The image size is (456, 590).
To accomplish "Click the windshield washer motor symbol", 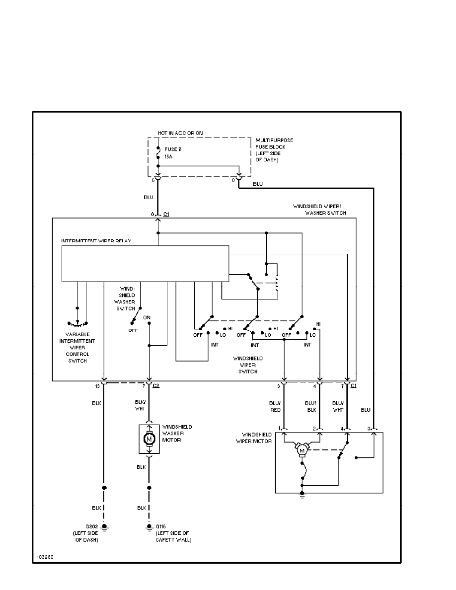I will coord(149,439).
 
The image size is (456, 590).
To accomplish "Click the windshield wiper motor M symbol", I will coord(301,450).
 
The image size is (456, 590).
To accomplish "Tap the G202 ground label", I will coord(91,526).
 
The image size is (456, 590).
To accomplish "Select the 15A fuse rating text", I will coord(169,155).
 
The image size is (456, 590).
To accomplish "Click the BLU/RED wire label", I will coord(275,407).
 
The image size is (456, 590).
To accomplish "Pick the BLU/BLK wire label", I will coord(311,407).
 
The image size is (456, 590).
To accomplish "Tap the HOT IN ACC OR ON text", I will coord(180,133).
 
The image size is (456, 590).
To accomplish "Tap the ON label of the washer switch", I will coord(147,317).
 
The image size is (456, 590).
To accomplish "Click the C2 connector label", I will coord(156,386).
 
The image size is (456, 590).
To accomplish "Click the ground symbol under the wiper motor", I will coord(302,495).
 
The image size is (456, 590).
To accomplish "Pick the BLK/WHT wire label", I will coord(140,407).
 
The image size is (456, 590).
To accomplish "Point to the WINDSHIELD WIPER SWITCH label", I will coord(248,365).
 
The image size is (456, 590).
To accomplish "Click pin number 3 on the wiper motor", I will coord(369,428).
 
